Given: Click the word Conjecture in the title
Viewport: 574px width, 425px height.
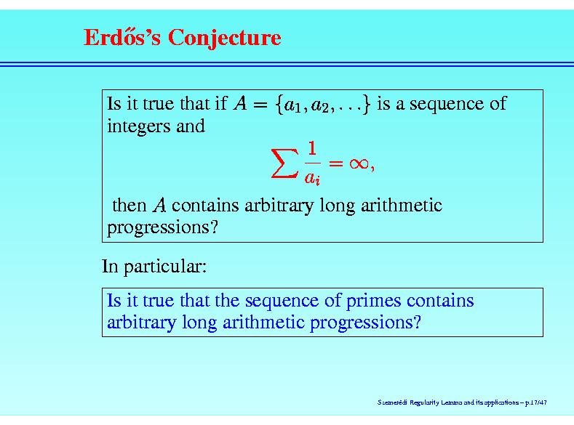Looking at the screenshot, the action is [x=224, y=38].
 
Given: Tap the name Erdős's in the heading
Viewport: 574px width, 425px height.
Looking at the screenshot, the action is [x=122, y=37].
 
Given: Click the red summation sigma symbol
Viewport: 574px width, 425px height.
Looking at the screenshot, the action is [x=284, y=163].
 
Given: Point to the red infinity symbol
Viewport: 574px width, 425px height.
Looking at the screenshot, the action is [x=359, y=163].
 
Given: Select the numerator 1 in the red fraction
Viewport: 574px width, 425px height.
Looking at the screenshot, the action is [x=312, y=148].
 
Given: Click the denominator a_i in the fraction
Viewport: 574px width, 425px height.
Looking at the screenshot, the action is [x=312, y=178].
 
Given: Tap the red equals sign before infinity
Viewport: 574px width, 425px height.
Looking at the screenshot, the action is [x=336, y=163].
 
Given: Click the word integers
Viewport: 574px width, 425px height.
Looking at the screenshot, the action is [x=138, y=127].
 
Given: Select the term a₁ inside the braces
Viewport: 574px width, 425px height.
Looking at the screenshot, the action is [x=292, y=105].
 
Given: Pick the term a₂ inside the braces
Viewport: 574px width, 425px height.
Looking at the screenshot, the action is [x=319, y=105].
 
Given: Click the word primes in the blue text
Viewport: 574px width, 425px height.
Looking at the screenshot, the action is [x=374, y=301].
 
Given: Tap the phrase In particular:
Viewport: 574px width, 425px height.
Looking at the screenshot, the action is [x=154, y=266].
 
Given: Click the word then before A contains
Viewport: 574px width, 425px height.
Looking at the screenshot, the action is [x=129, y=205].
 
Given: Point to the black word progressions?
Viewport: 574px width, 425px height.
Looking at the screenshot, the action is [x=162, y=228].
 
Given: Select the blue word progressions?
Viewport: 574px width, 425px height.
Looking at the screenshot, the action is [x=366, y=323].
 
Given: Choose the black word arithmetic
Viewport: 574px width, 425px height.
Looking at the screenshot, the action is [x=402, y=205].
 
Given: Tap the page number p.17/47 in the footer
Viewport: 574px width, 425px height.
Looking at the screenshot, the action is [x=536, y=402].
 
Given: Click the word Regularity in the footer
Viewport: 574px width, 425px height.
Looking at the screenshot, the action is [x=424, y=402].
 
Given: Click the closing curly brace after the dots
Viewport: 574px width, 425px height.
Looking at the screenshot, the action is [x=366, y=105].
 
